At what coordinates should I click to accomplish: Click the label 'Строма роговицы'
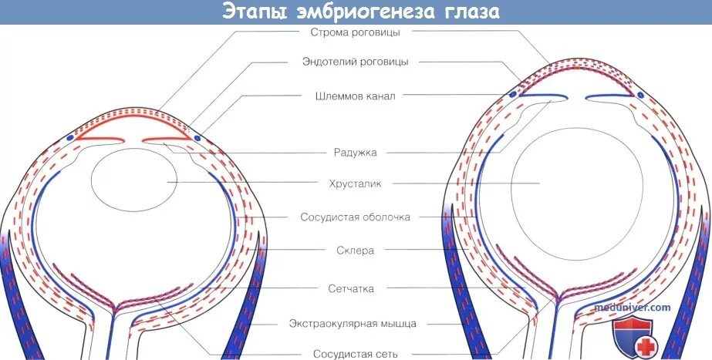356,32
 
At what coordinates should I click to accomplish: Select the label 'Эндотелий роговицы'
356,62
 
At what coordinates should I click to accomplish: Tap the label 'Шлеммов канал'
356,96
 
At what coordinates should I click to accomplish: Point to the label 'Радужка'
356,153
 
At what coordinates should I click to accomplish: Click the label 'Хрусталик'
356,183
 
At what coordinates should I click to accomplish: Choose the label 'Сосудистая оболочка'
356,217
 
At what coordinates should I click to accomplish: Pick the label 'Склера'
356,251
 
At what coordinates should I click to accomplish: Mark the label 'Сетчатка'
356,288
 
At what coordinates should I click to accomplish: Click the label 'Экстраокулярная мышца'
356,322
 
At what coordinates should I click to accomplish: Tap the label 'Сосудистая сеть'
356,354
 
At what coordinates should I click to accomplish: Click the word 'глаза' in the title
462,12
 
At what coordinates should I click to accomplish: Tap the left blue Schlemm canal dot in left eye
71,137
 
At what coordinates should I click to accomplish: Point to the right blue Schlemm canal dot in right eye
640,94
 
